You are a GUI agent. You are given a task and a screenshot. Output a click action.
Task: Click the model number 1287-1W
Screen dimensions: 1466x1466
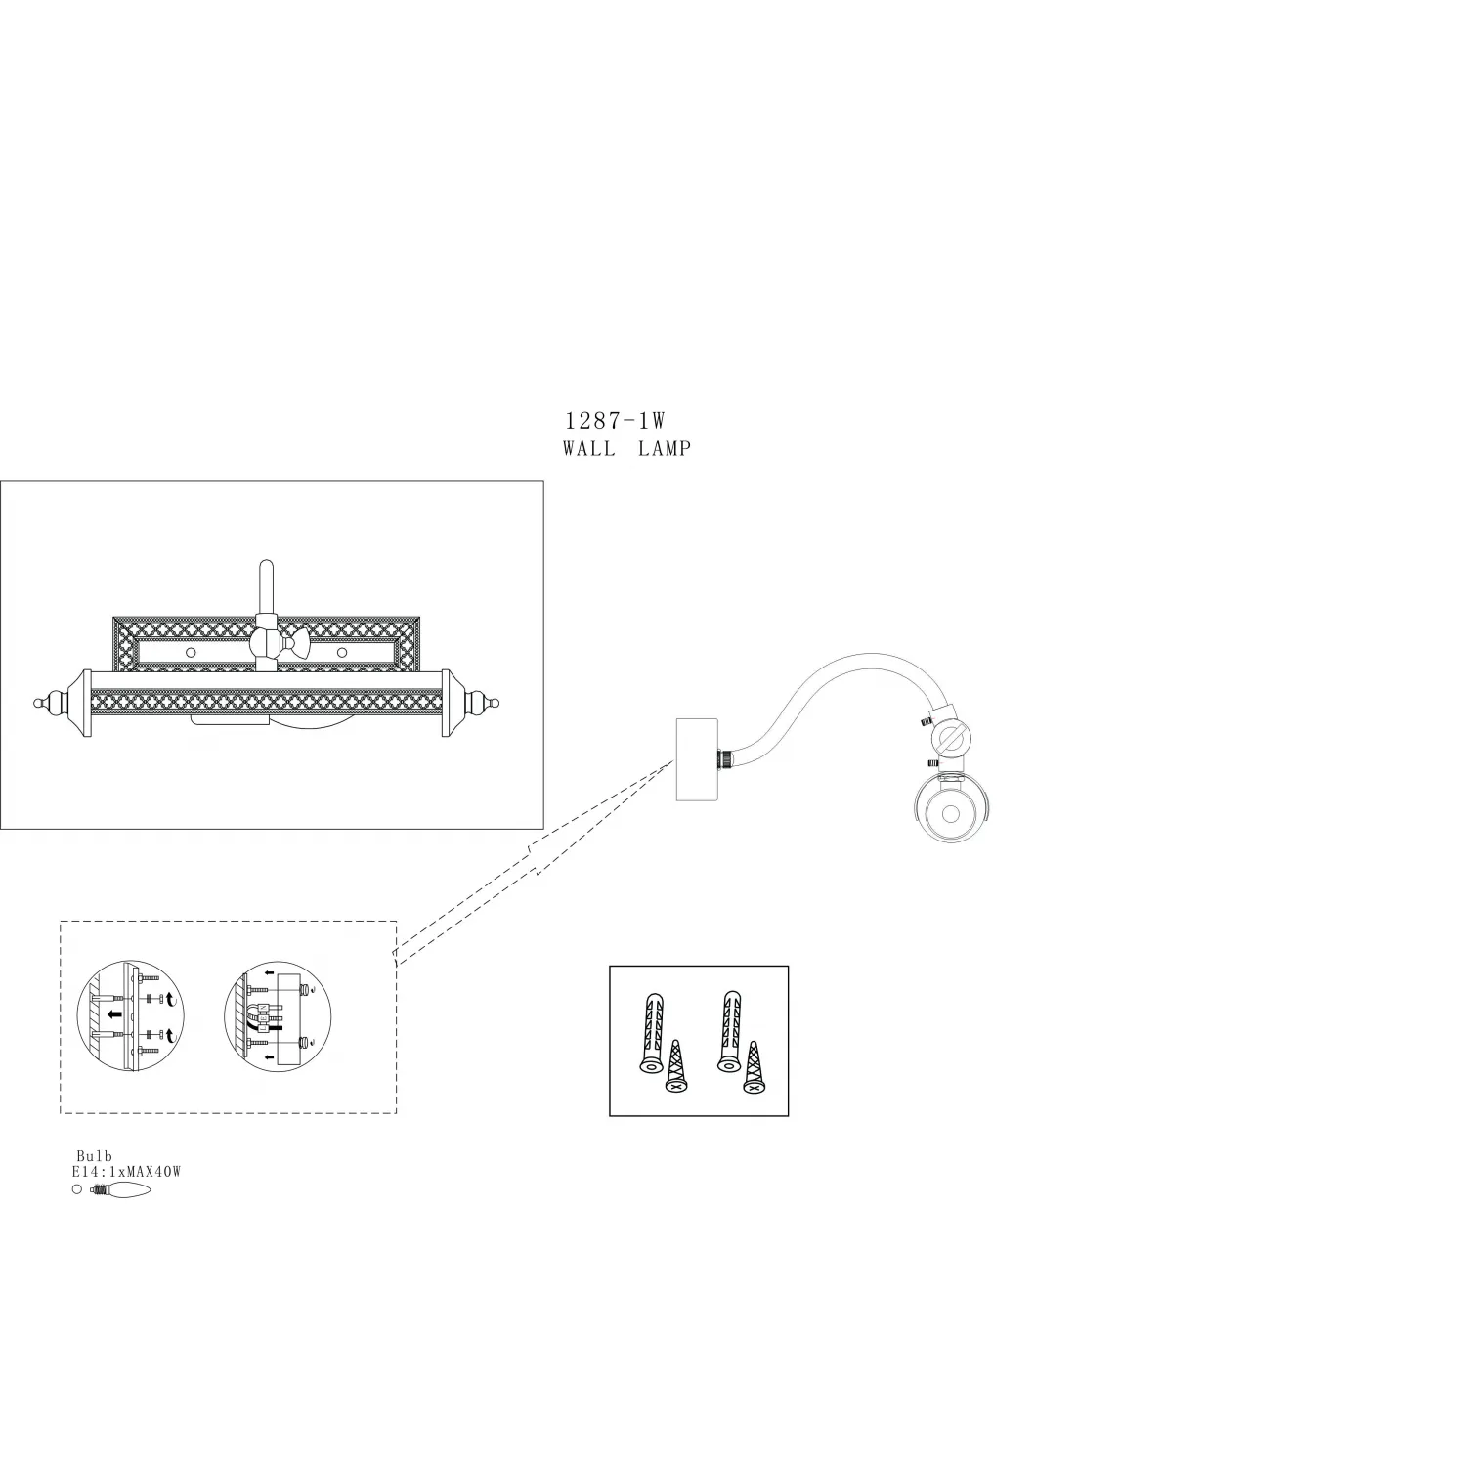[x=615, y=421]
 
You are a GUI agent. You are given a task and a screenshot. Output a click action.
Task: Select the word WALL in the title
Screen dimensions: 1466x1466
[x=589, y=449]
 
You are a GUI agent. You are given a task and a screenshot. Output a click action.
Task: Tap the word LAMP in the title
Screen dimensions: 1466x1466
[x=665, y=449]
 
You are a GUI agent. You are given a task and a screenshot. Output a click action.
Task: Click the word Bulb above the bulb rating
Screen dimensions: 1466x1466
[x=95, y=1156]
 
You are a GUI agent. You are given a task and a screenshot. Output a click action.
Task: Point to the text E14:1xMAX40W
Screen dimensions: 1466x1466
[x=126, y=1171]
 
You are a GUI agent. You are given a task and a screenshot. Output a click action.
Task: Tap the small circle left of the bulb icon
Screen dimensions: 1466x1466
[x=77, y=1189]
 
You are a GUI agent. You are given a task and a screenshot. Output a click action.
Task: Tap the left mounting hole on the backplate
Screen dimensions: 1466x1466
[x=191, y=651]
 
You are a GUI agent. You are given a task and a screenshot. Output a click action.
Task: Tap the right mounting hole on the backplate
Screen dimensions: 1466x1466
[x=342, y=651]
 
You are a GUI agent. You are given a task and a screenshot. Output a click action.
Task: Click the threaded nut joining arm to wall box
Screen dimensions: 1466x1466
[x=727, y=757]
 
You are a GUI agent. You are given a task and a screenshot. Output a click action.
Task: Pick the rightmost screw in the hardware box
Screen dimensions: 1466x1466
[x=753, y=1067]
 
